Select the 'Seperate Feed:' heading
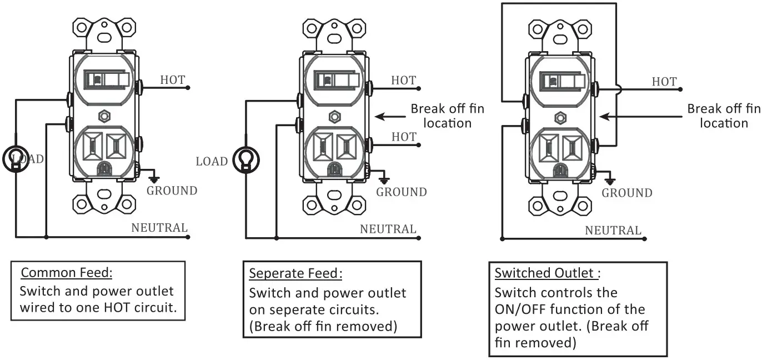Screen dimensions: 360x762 [295, 273]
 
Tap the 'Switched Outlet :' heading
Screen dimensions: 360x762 [548, 273]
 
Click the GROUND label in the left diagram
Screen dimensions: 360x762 [172, 191]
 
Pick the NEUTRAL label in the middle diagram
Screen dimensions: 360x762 [388, 229]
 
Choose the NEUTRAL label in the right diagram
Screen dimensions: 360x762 [613, 230]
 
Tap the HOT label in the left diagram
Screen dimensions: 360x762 [173, 79]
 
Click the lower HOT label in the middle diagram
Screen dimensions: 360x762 [404, 136]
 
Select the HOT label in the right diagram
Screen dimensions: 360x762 [664, 82]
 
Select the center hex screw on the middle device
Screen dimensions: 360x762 [333, 116]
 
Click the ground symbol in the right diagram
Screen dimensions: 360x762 [610, 181]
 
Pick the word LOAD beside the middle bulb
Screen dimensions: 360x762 [212, 162]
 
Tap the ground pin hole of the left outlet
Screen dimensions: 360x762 [103, 167]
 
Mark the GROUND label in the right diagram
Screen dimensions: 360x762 [627, 193]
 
